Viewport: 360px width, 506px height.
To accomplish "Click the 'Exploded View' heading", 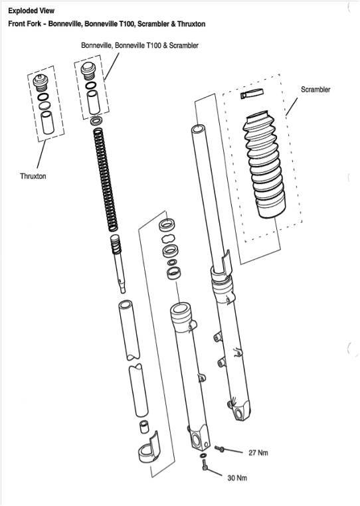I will click(32, 11).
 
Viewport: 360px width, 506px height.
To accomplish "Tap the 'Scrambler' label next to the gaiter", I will click(315, 90).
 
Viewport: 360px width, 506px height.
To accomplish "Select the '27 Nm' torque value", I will click(257, 453).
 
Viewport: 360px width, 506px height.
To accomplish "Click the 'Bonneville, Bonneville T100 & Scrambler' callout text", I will click(139, 45).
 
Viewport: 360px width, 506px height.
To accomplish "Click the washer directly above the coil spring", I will click(97, 121).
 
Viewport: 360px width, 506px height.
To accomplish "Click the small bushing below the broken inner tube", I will click(141, 426).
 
